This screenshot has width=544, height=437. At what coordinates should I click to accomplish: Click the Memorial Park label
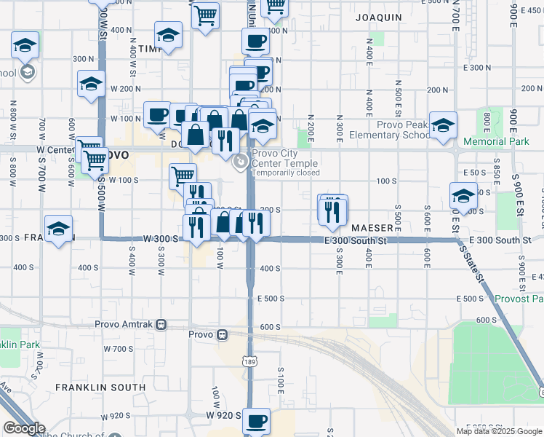click(496, 141)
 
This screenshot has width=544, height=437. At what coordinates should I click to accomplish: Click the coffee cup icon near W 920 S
click(255, 421)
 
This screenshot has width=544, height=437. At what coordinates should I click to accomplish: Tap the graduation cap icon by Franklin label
click(58, 228)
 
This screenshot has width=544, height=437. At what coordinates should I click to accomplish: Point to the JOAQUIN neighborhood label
click(378, 17)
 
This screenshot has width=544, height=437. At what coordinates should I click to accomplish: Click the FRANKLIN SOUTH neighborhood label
click(86, 387)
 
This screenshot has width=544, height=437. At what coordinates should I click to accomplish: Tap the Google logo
click(24, 429)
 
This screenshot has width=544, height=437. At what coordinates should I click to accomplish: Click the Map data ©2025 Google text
click(499, 431)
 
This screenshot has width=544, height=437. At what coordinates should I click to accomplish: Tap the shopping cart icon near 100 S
click(183, 175)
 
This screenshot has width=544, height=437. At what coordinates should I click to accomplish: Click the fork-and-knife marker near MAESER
click(332, 210)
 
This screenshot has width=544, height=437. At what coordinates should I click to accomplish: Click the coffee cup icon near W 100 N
click(157, 114)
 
